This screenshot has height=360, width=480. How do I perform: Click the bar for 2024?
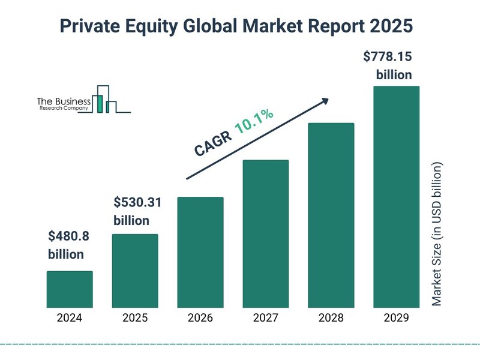(x=70, y=289)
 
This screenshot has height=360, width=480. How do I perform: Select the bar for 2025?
(x=135, y=271)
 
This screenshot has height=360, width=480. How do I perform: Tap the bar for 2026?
(x=200, y=252)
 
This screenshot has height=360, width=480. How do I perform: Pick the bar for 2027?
(x=266, y=233)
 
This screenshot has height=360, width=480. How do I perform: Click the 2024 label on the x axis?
(x=70, y=318)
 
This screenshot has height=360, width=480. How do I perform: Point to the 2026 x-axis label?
(x=200, y=318)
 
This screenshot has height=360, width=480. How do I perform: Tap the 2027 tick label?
(x=266, y=318)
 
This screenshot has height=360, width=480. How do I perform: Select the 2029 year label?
(x=396, y=318)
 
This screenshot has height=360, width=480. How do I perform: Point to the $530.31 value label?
(x=137, y=202)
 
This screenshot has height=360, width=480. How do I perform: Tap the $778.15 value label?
(x=388, y=58)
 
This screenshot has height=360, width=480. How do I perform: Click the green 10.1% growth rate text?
(x=254, y=122)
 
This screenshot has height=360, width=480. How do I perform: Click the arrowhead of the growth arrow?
(x=325, y=101)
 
